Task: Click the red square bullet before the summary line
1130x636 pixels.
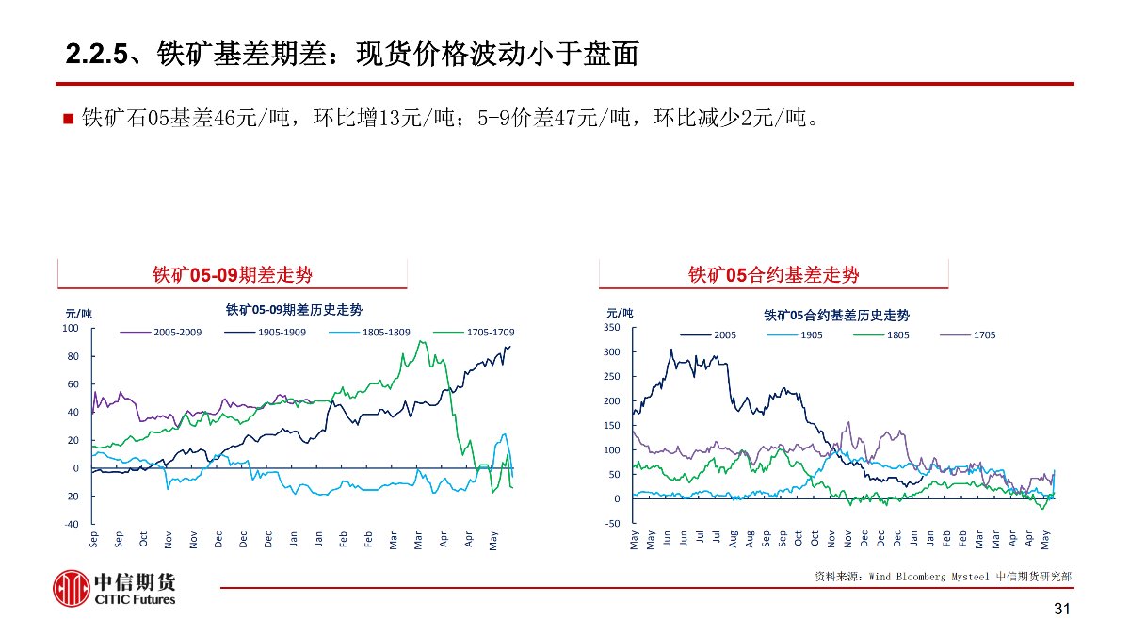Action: click(68, 120)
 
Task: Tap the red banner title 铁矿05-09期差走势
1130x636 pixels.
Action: click(233, 274)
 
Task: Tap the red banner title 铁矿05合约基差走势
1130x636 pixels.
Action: click(773, 274)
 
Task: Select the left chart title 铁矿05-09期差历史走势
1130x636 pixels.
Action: click(294, 309)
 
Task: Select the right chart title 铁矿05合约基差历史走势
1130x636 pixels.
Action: click(836, 314)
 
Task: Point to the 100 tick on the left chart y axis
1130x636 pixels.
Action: click(71, 329)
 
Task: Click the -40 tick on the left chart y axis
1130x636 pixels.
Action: click(72, 525)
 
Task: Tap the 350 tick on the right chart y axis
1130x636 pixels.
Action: click(612, 328)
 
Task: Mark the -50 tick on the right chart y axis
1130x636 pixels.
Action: click(612, 523)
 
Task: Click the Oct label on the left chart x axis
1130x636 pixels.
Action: click(143, 540)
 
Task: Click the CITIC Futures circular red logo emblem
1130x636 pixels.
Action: click(72, 589)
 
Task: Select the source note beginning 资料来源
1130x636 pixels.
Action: click(943, 575)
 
